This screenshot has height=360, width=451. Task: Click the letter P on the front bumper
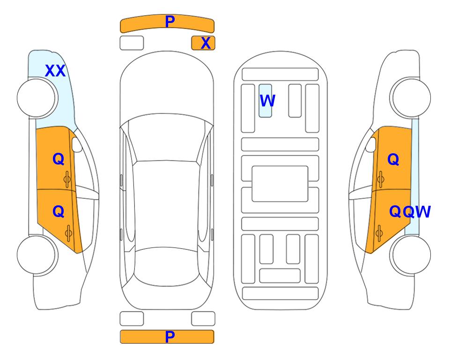point(170,22)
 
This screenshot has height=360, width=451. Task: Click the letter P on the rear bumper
point(170,337)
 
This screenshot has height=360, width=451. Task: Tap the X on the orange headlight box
point(206,43)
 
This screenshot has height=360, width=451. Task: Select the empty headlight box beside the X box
point(132,43)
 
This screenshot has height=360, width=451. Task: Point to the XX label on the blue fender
point(55,71)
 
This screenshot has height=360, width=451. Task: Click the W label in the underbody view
point(267,101)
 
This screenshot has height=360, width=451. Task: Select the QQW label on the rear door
point(410,212)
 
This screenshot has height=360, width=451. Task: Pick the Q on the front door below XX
point(59,159)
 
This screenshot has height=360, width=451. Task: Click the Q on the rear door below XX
point(59,212)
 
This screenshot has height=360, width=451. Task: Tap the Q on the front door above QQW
point(393,159)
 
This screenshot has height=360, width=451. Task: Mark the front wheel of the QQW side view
point(410,97)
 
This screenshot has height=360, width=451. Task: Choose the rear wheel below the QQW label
point(410,255)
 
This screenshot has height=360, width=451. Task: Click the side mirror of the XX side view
point(77,144)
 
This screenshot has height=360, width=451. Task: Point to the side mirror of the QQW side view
point(371,144)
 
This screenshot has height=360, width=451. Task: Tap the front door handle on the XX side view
point(67,179)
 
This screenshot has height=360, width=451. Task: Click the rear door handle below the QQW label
point(379,233)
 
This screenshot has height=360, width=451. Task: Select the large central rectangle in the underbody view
point(280,184)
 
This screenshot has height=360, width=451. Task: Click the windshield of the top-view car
point(167,138)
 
